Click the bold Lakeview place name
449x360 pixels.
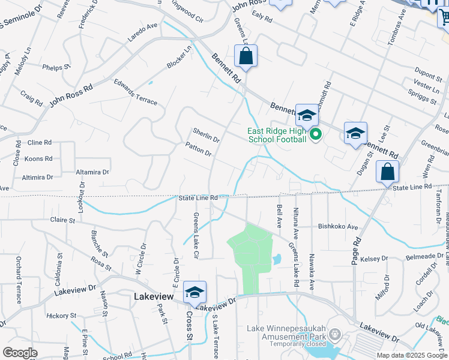153,296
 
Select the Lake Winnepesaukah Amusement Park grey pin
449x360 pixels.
335,334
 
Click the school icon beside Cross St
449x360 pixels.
194,292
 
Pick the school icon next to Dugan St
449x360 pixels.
355,133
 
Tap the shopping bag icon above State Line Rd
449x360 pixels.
387,172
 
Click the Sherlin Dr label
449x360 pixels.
206,135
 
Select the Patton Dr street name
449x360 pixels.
199,149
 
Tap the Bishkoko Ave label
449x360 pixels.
337,227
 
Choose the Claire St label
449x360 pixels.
62,220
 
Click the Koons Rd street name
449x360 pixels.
38,159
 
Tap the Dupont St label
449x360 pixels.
428,74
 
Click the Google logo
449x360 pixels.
20,353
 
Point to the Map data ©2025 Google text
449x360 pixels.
411,355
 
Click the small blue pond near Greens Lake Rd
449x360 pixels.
276,260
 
